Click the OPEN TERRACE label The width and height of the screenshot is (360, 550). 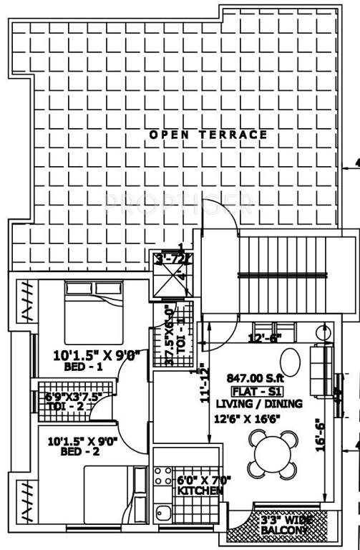tap(208, 134)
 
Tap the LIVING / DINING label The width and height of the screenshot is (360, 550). tap(258, 404)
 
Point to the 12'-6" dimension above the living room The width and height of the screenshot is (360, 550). tap(265, 338)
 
